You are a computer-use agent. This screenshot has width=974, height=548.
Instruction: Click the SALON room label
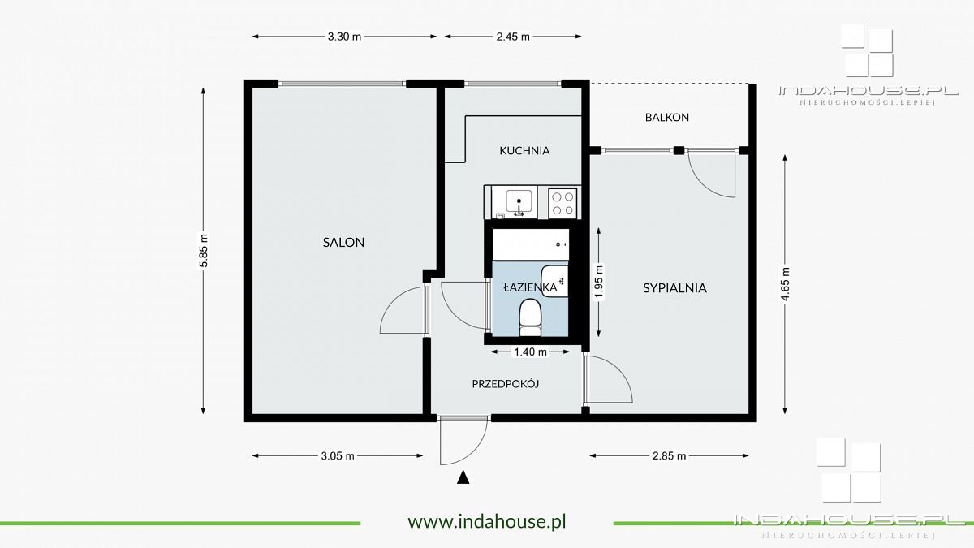343,242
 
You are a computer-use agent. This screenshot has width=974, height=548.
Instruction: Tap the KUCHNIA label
524,151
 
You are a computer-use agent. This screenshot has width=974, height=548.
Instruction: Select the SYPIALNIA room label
674,288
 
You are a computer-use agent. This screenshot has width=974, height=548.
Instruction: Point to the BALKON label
667,118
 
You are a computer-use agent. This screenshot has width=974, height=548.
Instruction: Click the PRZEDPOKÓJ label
506,383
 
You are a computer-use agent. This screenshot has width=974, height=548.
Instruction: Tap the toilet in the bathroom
530,317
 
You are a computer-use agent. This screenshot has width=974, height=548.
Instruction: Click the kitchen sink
519,203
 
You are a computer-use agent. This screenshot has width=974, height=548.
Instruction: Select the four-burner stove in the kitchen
562,203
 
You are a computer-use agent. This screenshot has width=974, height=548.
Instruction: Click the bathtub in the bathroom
531,244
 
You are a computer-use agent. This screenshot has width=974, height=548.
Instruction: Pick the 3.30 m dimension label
344,37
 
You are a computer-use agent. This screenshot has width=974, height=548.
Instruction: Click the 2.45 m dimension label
513,37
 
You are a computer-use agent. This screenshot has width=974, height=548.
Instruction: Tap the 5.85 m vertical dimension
204,251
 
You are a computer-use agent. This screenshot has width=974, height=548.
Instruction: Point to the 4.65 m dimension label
785,284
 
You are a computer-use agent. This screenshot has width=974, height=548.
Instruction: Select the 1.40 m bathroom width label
531,352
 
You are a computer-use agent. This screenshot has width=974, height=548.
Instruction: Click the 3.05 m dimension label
338,455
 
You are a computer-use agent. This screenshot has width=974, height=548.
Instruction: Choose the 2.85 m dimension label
669,455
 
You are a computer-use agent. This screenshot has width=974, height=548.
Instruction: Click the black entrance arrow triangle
463,477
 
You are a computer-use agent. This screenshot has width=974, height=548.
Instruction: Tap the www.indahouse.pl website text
487,521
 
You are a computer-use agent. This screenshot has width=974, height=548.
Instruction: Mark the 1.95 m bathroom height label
599,283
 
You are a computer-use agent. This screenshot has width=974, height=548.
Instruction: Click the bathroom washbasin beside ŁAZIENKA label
555,281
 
